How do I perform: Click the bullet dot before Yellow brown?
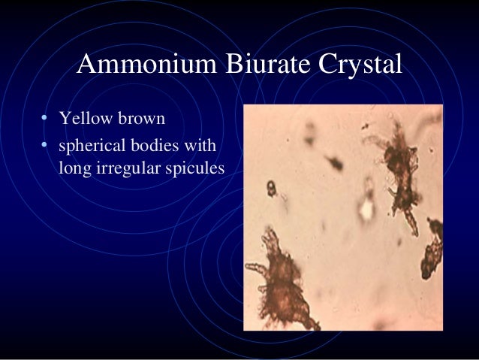tap(45, 119)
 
